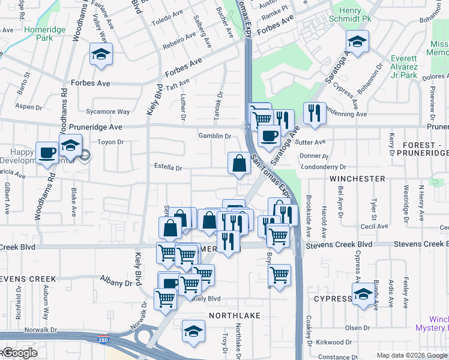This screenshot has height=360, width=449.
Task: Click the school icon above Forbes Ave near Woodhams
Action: pyautogui.click(x=101, y=55)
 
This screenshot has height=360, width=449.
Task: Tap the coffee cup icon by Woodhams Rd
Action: pyautogui.click(x=47, y=152)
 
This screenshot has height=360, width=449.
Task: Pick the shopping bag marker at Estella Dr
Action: pyautogui.click(x=239, y=163)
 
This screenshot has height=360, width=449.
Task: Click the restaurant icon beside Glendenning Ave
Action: pyautogui.click(x=315, y=112)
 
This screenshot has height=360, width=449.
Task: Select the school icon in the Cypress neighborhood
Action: pyautogui.click(x=363, y=295)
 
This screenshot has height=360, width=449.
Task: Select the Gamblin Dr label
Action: pyautogui.click(x=215, y=136)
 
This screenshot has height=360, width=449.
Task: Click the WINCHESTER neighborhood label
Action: pyautogui.click(x=357, y=179)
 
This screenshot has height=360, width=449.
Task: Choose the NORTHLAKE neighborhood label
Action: pyautogui.click(x=229, y=315)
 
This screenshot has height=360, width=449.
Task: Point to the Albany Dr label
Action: pyautogui.click(x=116, y=283)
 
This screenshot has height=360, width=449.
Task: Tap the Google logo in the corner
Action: pyautogui.click(x=19, y=353)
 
